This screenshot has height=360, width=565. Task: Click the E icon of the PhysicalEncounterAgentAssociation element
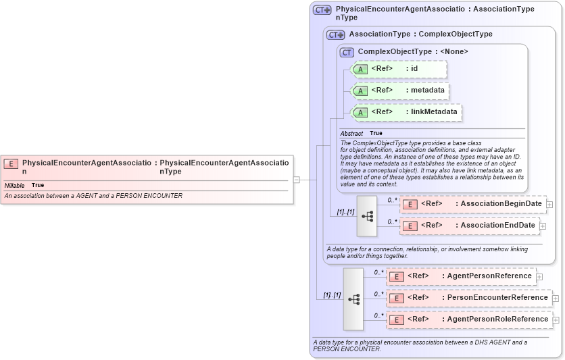coord(11,163)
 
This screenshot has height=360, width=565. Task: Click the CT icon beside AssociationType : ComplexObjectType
coord(335,34)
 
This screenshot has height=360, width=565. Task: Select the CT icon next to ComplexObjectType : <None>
coord(347,52)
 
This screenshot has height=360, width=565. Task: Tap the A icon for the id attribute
coord(360,69)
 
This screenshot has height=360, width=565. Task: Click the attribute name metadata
coord(427,90)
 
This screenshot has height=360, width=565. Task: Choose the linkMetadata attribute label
coord(434,111)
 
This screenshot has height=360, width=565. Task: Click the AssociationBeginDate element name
coord(501,203)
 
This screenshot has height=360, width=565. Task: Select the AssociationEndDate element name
coord(497,225)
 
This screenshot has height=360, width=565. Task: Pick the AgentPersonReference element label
coord(489,276)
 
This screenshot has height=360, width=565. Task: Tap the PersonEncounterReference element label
coord(497,297)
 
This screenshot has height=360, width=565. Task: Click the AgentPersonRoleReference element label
coord(497,319)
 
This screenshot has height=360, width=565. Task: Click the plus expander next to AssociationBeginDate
coord(549,204)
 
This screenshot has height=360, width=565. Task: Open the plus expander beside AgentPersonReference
coord(539,276)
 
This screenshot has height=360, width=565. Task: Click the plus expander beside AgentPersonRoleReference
coord(556,319)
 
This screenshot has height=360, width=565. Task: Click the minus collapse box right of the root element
coord(296,180)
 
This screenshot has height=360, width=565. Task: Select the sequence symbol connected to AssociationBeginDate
coord(367,216)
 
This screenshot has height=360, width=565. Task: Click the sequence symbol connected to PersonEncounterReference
coord(353,298)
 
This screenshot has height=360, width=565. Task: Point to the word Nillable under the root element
coord(14,185)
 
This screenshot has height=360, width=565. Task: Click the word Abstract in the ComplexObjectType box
coord(351,134)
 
